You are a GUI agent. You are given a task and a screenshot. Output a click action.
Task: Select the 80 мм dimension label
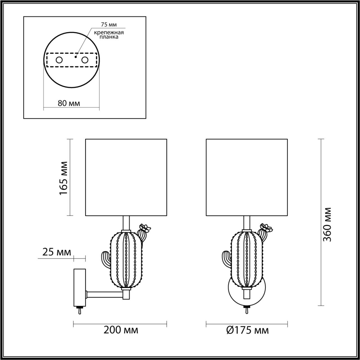point(69,103)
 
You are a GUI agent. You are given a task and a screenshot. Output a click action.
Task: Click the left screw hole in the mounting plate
point(59,60)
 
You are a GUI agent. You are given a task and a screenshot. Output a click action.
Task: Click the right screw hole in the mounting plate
point(85,60)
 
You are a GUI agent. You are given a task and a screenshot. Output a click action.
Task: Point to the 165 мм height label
point(64,178)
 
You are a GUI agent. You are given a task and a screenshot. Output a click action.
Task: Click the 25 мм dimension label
point(57,252)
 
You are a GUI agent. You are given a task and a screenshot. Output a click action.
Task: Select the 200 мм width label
point(121,330)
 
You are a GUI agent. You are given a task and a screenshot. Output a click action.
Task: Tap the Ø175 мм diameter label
point(247,330)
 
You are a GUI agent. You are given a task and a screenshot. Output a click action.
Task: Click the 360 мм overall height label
point(327,224)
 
